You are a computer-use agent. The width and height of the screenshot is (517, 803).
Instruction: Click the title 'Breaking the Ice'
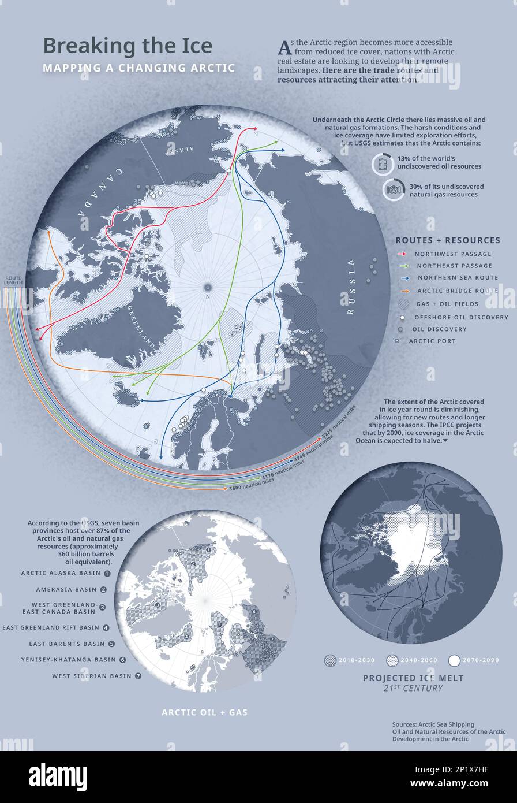pyautogui.click(x=128, y=46)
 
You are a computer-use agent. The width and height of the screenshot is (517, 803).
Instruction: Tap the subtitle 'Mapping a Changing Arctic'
pyautogui.click(x=138, y=68)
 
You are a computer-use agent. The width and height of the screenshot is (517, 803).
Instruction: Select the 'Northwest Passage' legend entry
pyautogui.click(x=453, y=254)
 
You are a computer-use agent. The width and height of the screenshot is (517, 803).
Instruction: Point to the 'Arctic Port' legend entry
pyautogui.click(x=432, y=341)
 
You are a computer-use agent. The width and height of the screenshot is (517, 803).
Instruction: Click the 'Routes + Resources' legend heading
pyautogui.click(x=448, y=240)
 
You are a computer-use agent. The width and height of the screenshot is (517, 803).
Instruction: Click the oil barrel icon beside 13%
pyautogui.click(x=381, y=163)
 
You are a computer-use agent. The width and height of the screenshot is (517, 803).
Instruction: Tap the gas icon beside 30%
pyautogui.click(x=394, y=190)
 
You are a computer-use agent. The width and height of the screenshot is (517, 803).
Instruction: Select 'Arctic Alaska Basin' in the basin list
pyautogui.click(x=61, y=573)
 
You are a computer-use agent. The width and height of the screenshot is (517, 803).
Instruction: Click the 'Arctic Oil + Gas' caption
pyautogui.click(x=204, y=712)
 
